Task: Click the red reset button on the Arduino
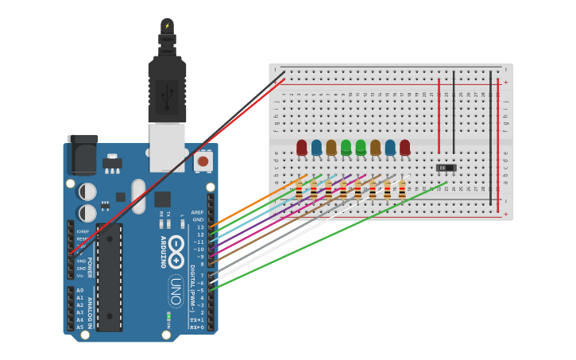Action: pos(203,161)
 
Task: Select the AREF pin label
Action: pos(198,212)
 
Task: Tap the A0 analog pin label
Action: pos(79,291)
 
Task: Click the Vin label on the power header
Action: pos(80,276)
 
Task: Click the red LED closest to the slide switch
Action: pos(405,147)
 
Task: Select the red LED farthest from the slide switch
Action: pos(302,147)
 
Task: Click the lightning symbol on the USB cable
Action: pos(167,26)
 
